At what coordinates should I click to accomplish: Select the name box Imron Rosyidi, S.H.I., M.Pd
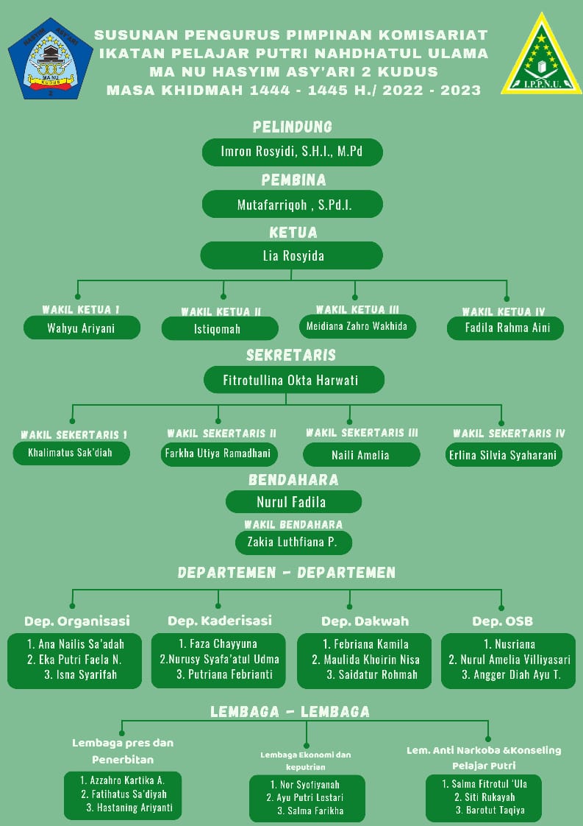(x=292, y=152)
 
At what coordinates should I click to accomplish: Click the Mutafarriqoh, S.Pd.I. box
(x=292, y=205)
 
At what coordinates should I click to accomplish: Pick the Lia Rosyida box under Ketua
(x=292, y=256)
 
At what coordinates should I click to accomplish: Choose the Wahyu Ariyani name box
(x=82, y=328)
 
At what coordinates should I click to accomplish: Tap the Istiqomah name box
(x=220, y=328)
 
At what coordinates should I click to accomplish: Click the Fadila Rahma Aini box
(x=505, y=328)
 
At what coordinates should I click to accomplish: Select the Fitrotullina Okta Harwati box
(x=293, y=381)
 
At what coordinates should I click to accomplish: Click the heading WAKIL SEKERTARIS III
(x=362, y=432)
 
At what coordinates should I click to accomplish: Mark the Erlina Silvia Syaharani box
(x=504, y=454)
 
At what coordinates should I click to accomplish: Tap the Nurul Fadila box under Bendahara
(x=293, y=502)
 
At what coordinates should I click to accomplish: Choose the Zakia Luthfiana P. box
(x=293, y=543)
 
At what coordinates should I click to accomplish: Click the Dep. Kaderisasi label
(x=220, y=621)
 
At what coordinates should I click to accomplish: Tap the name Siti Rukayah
(x=484, y=797)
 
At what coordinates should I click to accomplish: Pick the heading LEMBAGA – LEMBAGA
(x=290, y=712)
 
